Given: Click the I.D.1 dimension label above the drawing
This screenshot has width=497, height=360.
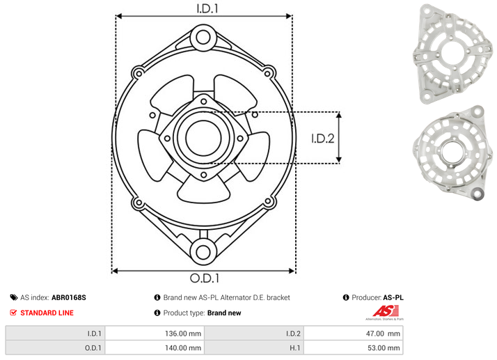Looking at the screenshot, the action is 207,8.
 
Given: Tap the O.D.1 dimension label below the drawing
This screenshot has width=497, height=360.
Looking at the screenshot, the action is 205,278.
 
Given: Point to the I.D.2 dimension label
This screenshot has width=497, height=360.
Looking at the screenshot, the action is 323,139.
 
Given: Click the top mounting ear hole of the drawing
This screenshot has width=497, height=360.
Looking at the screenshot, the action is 203,38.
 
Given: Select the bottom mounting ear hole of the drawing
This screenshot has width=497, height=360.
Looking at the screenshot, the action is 203,252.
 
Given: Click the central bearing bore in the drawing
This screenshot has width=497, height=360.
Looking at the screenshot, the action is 203,138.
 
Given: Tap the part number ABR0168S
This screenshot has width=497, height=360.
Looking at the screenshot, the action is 69,297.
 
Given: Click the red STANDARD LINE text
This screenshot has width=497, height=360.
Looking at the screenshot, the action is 47,313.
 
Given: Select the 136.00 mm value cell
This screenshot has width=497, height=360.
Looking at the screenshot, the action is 155,334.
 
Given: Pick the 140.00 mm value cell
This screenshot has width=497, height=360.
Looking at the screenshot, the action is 155,347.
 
